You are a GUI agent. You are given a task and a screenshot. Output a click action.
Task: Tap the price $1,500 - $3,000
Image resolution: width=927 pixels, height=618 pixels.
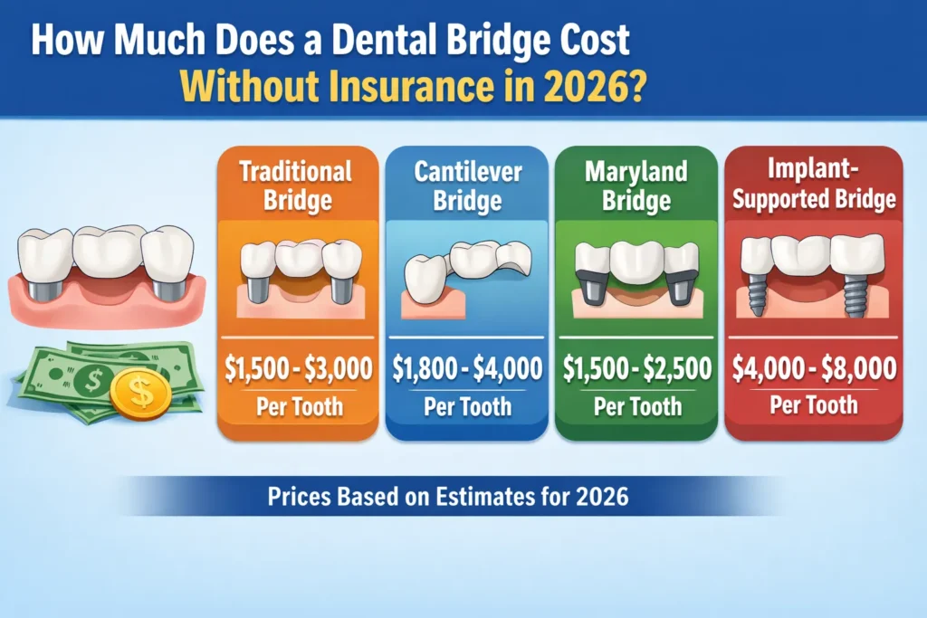pyautogui.click(x=297, y=369)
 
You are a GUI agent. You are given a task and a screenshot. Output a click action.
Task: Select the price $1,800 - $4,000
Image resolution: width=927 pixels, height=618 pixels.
pyautogui.click(x=467, y=369)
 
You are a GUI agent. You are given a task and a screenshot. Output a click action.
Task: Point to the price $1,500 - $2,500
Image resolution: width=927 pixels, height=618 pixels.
pyautogui.click(x=636, y=369)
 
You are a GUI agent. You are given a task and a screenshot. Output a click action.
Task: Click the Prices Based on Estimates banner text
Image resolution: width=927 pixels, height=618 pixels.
pyautogui.click(x=449, y=497)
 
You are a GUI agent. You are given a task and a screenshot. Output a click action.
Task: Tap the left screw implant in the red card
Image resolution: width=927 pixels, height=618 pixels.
pyautogui.click(x=760, y=292)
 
